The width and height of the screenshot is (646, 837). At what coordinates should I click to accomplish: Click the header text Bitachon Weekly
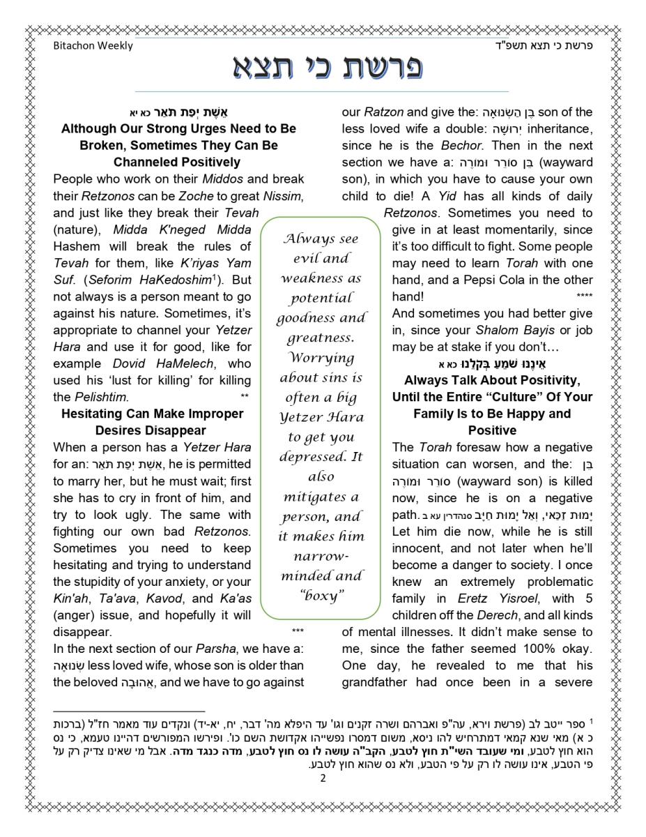[93, 46]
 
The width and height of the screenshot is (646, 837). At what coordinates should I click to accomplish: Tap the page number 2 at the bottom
[323, 779]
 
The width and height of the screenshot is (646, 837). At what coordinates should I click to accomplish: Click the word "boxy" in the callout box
[321, 595]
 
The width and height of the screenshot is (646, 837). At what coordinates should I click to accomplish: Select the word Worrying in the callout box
[321, 359]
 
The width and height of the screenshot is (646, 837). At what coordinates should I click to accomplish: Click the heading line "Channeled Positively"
[178, 163]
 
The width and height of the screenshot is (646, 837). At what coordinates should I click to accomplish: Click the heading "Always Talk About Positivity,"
[491, 380]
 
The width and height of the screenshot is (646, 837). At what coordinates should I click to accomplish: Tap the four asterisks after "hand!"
[584, 296]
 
